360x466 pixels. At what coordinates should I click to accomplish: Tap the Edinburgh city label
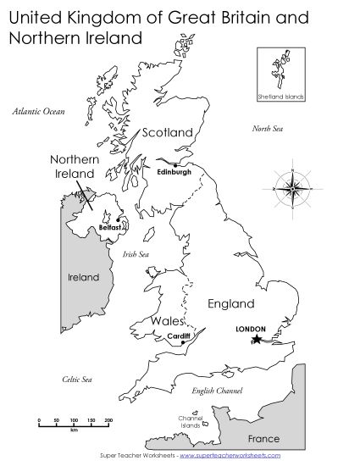click(174, 172)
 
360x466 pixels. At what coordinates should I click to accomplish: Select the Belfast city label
click(110, 228)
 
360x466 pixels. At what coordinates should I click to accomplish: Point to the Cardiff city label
click(179, 336)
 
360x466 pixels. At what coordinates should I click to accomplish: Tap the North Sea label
click(267, 128)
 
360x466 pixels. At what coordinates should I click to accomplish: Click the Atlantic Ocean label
click(38, 111)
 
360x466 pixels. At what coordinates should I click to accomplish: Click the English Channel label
click(211, 390)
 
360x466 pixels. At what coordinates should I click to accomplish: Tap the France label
click(263, 439)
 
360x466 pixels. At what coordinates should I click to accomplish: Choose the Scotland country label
click(168, 132)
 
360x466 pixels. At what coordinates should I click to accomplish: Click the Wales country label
click(166, 322)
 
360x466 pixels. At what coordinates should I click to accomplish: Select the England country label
click(230, 303)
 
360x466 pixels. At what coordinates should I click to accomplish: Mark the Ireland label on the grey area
click(83, 277)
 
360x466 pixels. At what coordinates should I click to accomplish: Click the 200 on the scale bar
click(108, 420)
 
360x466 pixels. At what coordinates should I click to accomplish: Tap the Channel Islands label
click(191, 422)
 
